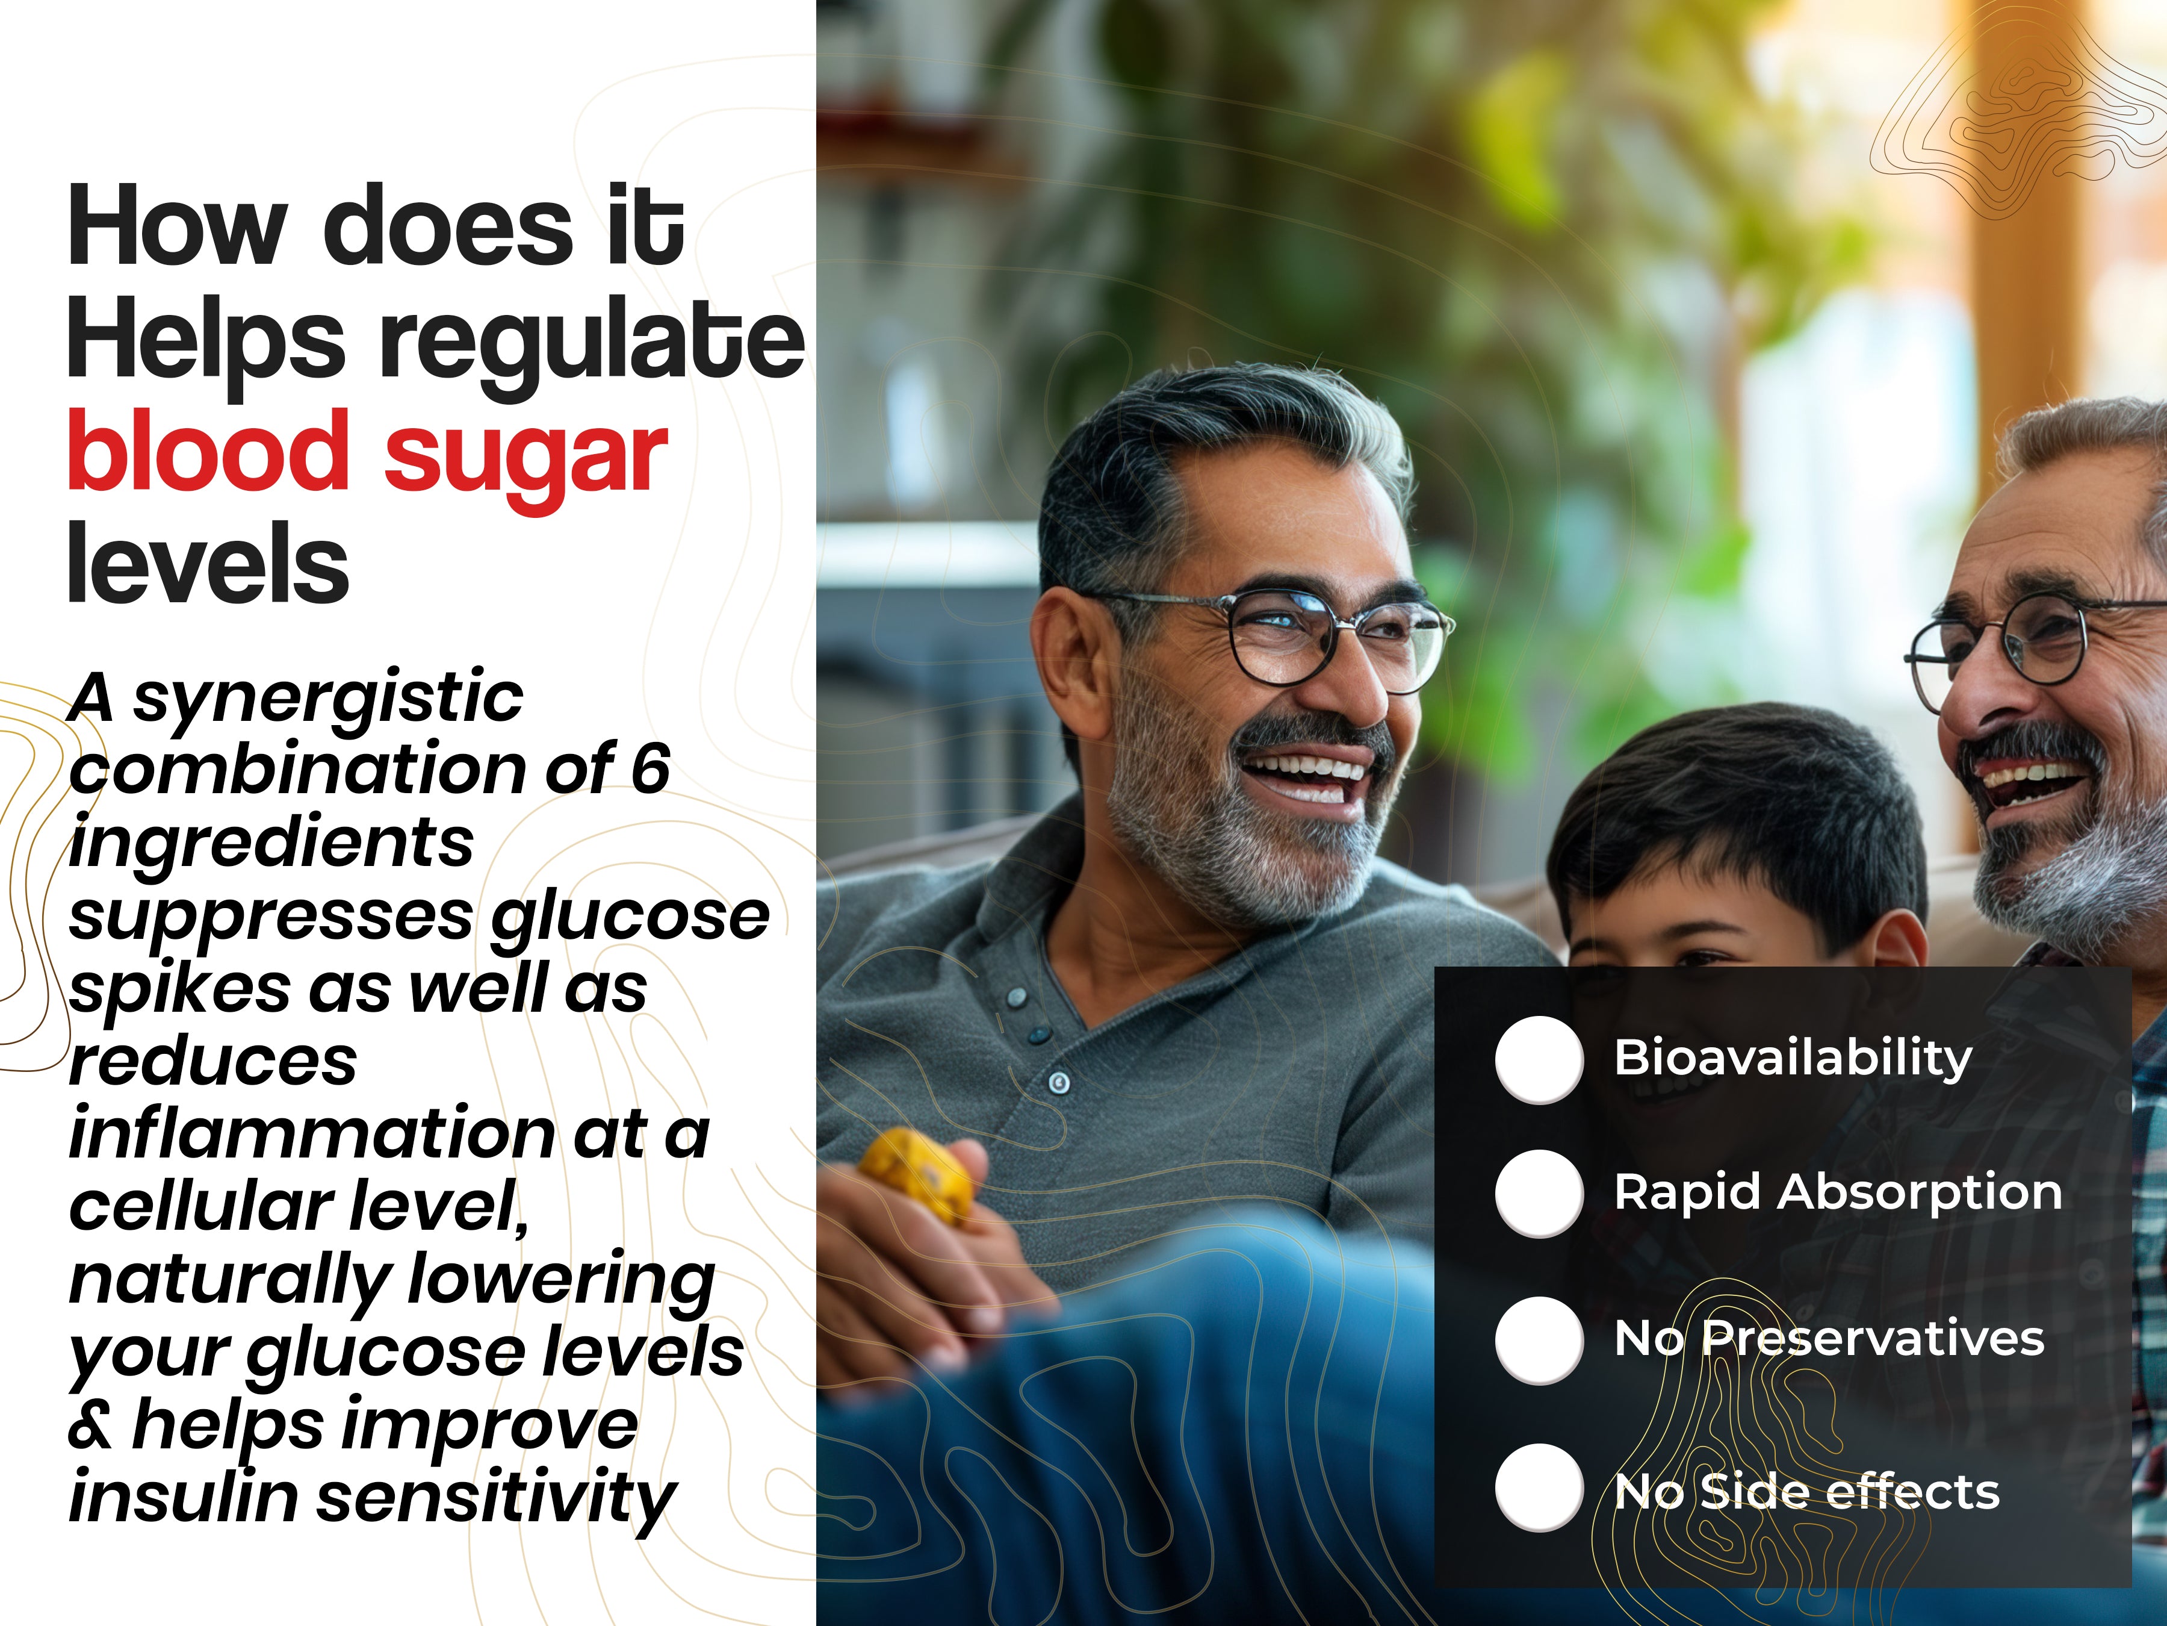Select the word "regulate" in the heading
pos(593,343)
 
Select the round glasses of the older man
pos(2028,642)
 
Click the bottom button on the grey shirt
pos(1059,1082)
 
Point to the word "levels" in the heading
pos(208,564)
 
